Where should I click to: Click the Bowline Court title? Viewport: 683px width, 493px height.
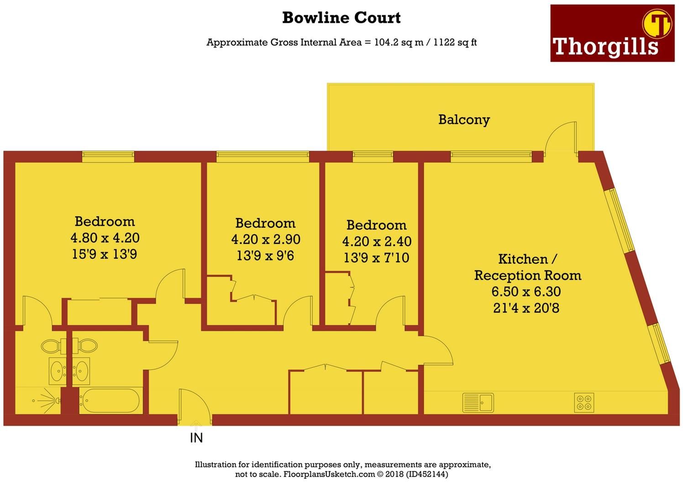(341, 18)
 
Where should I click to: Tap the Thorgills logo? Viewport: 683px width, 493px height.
(612, 33)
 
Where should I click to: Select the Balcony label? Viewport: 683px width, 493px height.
(464, 120)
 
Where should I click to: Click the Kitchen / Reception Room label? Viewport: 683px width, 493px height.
(527, 267)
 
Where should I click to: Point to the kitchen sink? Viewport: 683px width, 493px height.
(478, 403)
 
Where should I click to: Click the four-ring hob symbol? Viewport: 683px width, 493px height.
(584, 403)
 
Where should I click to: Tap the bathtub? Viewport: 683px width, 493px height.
(110, 401)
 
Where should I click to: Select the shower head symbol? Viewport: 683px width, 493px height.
(46, 400)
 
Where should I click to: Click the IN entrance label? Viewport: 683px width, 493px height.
(196, 438)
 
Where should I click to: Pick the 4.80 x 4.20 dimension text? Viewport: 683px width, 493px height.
(105, 238)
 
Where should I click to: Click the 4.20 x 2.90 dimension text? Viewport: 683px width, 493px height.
(266, 239)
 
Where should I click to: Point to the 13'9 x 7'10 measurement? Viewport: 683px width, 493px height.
(376, 258)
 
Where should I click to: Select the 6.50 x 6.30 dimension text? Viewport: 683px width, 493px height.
(526, 292)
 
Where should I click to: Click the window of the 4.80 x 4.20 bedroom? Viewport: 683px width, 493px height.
(108, 157)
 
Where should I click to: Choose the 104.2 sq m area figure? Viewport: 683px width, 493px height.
(399, 42)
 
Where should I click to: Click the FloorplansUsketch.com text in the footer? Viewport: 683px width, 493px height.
(329, 474)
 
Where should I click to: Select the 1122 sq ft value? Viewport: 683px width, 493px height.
(455, 42)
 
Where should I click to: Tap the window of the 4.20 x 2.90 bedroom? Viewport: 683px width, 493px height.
(263, 157)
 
